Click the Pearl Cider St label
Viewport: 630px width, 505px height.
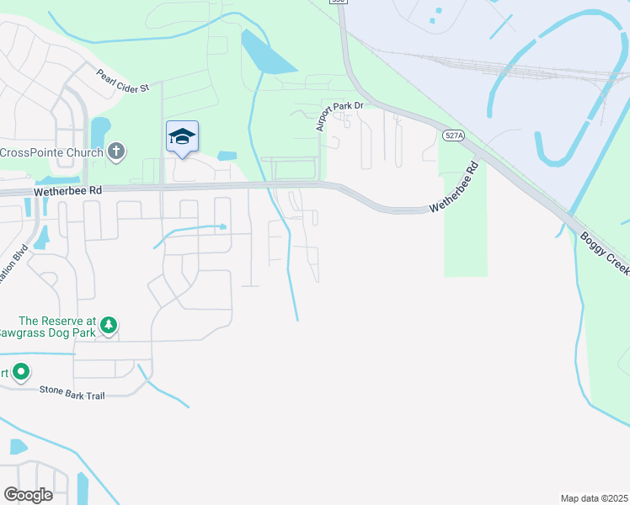pyautogui.click(x=122, y=81)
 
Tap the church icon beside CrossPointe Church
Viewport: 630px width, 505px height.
pyautogui.click(x=116, y=152)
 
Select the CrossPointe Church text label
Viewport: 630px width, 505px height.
pyautogui.click(x=52, y=152)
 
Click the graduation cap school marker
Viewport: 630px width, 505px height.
pyautogui.click(x=182, y=137)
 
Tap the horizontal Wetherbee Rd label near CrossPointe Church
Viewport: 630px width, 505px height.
pyautogui.click(x=68, y=191)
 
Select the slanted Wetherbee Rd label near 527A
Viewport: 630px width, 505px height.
pyautogui.click(x=459, y=194)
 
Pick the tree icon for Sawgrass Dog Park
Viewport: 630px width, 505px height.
pyautogui.click(x=109, y=325)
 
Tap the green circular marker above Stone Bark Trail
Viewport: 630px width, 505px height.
pyautogui.click(x=21, y=371)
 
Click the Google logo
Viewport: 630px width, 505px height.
pyautogui.click(x=28, y=494)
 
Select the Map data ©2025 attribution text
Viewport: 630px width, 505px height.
pyautogui.click(x=594, y=498)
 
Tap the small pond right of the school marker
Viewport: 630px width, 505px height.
pyautogui.click(x=226, y=156)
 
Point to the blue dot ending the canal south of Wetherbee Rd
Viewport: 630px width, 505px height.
pyautogui.click(x=222, y=226)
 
